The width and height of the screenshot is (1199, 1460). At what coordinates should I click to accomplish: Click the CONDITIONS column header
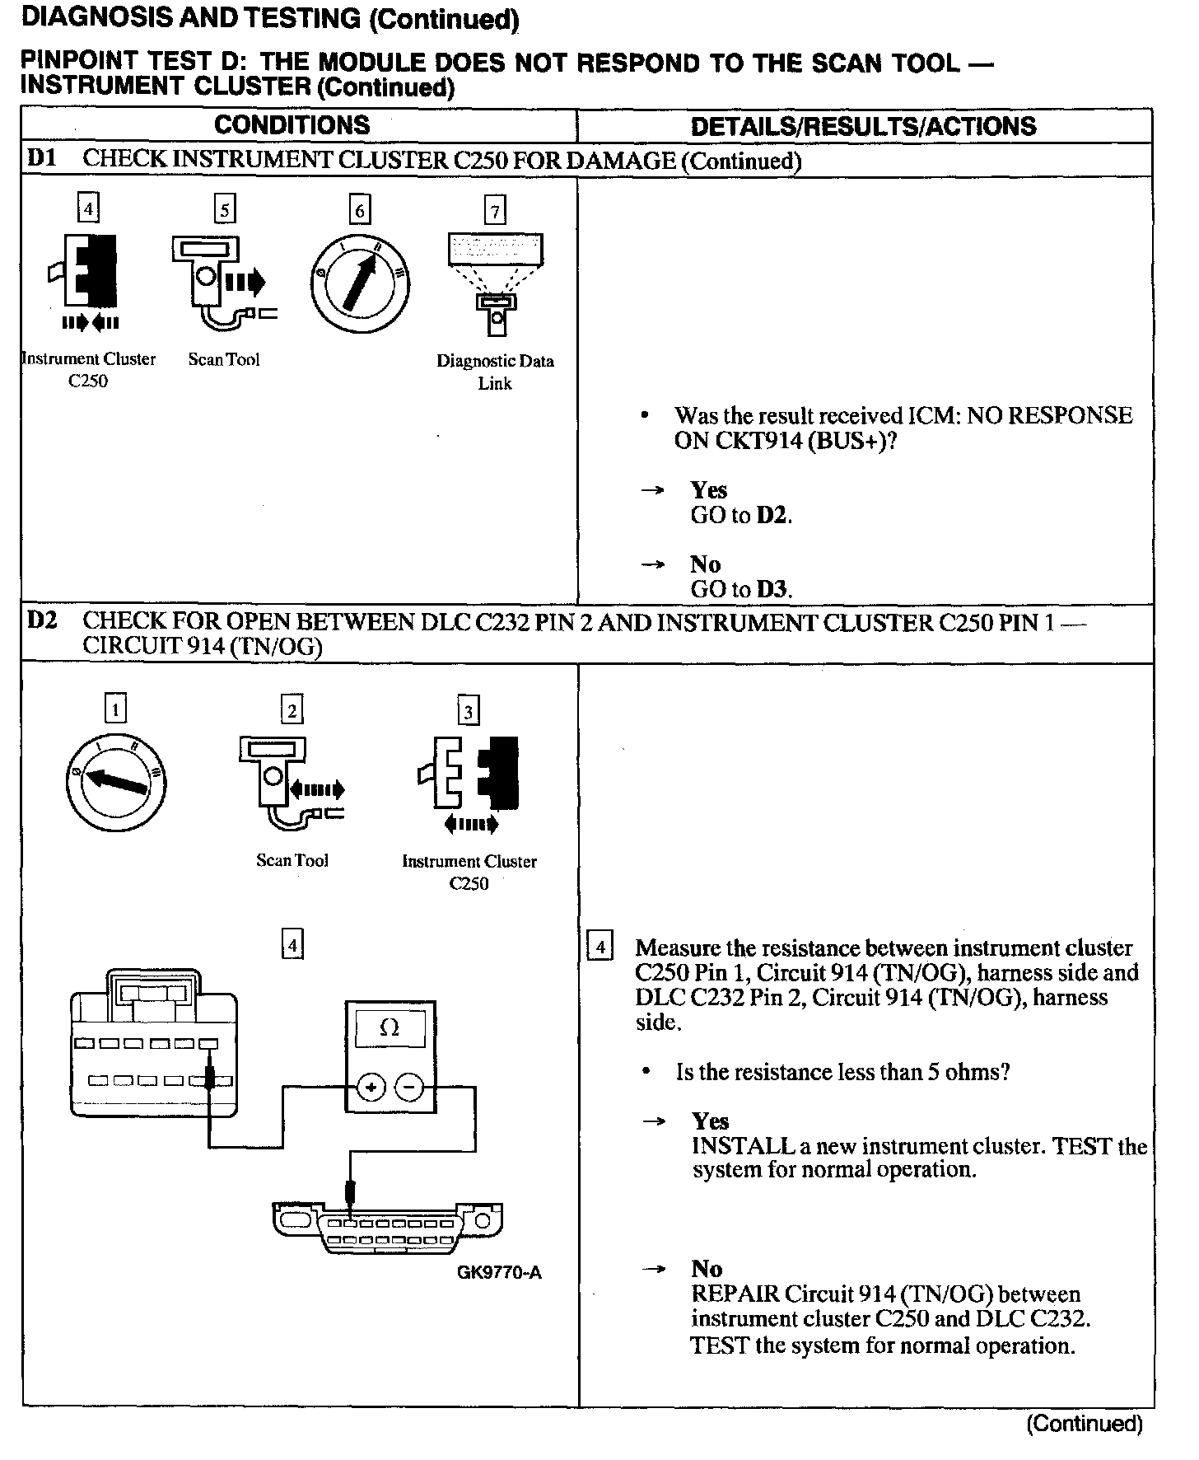coord(292,125)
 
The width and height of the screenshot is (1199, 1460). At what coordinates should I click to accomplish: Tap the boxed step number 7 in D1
coord(495,211)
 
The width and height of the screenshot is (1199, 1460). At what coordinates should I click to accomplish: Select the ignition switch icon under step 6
coord(360,282)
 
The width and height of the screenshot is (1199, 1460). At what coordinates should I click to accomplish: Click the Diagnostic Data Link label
coord(495,372)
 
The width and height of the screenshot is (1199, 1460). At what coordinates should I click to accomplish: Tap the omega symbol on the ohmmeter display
coord(390,1028)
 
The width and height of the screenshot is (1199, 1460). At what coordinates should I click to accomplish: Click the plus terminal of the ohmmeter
coord(371,1088)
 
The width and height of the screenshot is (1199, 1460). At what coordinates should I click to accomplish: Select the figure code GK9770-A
coord(499,1272)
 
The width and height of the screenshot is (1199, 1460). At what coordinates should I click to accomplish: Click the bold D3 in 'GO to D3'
coord(772,590)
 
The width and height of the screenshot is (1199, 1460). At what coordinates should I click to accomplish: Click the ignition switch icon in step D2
coord(115,780)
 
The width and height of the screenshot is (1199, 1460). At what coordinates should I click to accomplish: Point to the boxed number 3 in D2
coord(469,710)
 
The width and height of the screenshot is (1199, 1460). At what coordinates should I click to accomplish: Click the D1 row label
coord(41,158)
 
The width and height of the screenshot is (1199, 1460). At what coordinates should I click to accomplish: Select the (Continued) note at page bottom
coord(1084,1423)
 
